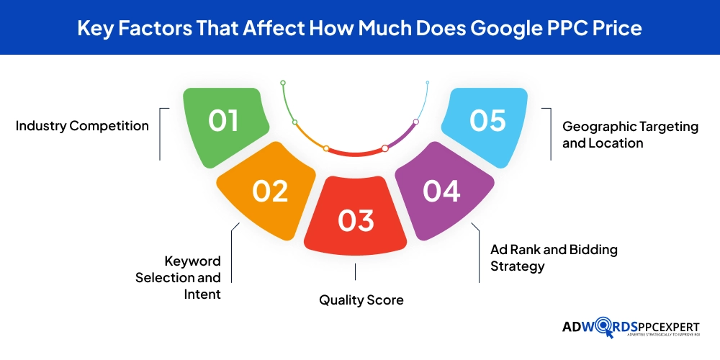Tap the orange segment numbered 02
click(268, 190)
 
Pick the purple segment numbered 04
click(443, 190)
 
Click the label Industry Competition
click(82, 126)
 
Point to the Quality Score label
click(361, 300)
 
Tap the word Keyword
click(193, 261)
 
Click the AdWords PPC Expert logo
click(631, 329)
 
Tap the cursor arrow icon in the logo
click(609, 333)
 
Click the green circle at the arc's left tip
click(283, 83)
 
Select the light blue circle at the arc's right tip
click(428, 83)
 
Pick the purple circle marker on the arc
click(416, 122)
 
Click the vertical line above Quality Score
click(355, 272)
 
